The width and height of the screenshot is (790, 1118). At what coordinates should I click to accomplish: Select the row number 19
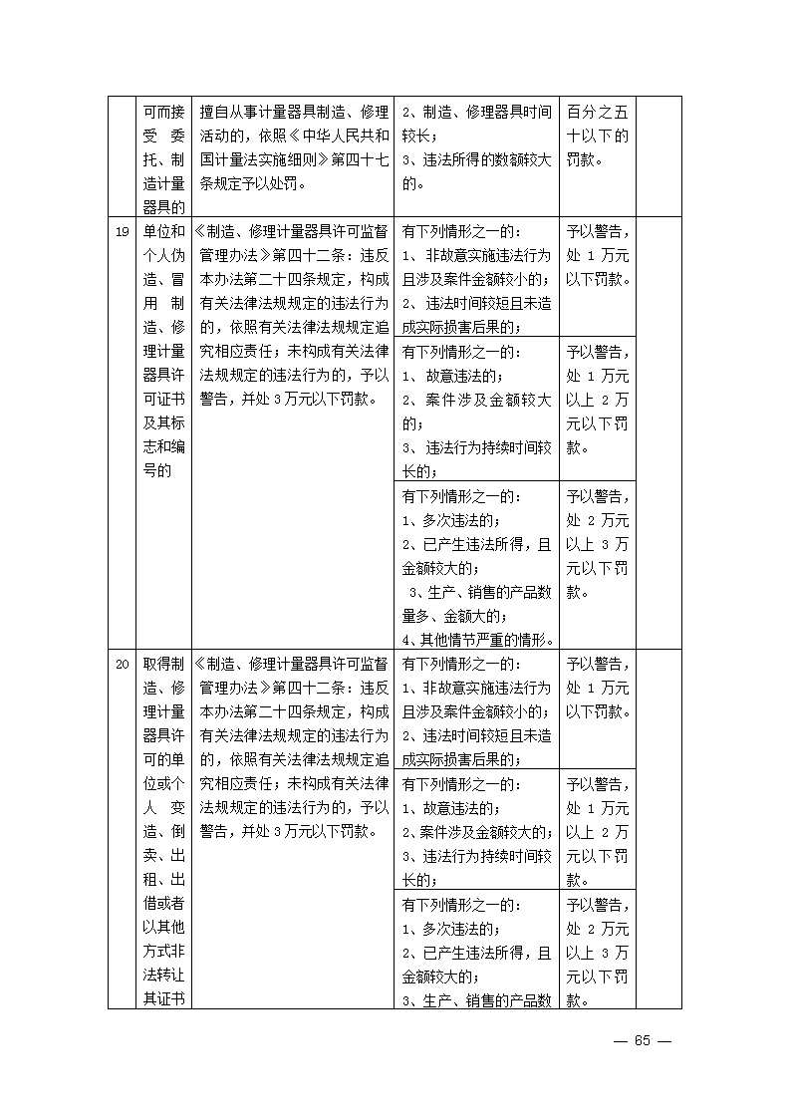pos(122,231)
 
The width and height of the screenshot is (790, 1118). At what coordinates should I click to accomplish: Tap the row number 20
pos(122,665)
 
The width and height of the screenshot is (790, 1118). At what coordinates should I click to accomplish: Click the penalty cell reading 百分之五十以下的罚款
pos(597,136)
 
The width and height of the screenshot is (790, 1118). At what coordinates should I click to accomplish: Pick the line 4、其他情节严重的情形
pos(477,640)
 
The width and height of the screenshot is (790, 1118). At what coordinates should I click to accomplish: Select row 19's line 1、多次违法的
pos(450,520)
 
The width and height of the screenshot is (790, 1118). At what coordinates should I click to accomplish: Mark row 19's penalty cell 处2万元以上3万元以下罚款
pos(597,544)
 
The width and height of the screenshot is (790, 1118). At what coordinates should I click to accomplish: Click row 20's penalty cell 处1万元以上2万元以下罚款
pos(597,832)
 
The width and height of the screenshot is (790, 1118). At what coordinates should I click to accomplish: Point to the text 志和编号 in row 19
pos(162,458)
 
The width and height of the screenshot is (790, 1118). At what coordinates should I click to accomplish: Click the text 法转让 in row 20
pos(162,977)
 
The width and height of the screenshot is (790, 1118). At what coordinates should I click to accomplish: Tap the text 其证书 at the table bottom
pos(162,999)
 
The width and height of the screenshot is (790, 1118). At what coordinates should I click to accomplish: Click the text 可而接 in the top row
pos(162,112)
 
